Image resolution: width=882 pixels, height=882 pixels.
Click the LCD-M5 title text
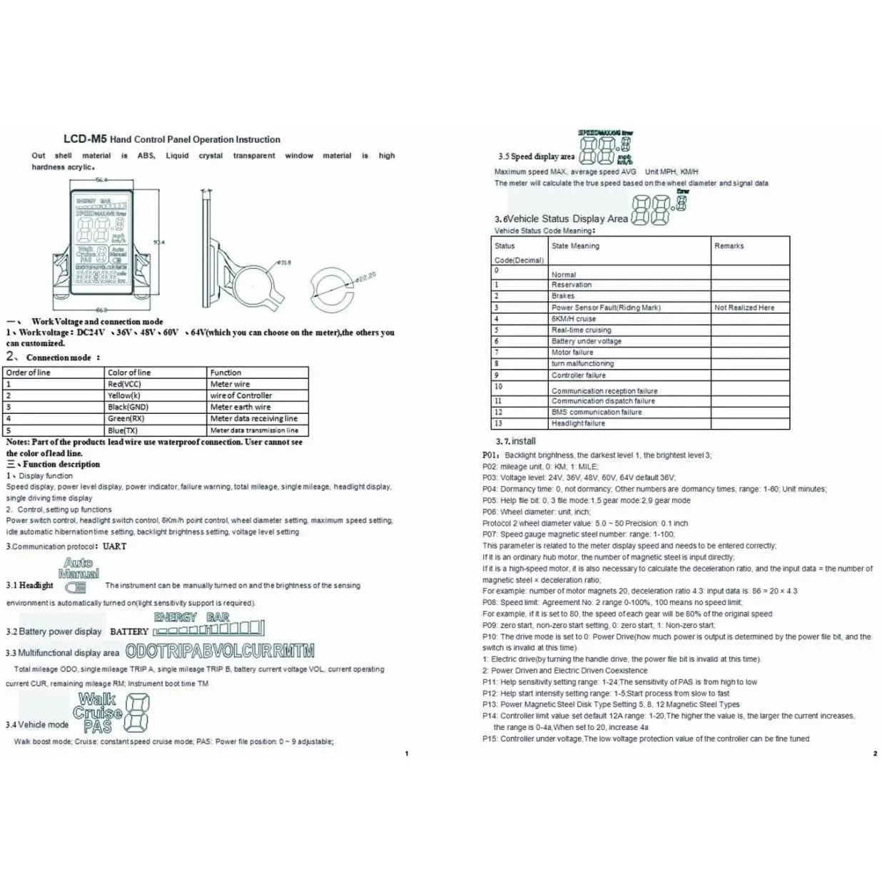[85, 139]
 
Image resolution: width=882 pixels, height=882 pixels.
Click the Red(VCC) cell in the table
[124, 384]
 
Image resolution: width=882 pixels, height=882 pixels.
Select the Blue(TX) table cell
[123, 430]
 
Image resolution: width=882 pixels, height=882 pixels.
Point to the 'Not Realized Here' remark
[744, 308]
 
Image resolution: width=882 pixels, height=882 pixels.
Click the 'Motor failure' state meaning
[572, 352]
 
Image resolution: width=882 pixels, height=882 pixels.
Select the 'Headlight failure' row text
[578, 423]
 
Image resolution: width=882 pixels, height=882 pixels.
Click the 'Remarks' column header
[729, 245]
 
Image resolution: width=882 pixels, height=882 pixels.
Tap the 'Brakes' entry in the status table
[563, 295]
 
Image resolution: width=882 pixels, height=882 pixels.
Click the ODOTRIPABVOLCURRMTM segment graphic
[220, 651]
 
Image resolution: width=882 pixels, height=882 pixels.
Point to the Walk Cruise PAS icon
[98, 713]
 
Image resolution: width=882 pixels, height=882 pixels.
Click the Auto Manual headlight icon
[78, 569]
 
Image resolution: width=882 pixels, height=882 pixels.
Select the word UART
[114, 547]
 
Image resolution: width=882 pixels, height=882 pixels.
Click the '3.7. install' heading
[515, 441]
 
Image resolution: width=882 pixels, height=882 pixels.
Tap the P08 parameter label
[490, 602]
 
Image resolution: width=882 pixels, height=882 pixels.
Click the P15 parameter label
[490, 739]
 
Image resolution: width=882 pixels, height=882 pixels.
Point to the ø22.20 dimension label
[365, 277]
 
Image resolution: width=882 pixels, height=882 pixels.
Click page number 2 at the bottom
[875, 754]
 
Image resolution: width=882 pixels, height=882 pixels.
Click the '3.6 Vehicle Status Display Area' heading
[561, 219]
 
